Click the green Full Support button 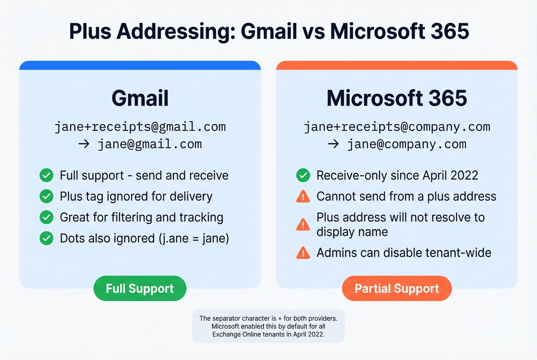(140, 288)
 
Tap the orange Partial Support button (397, 288)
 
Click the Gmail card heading (140, 98)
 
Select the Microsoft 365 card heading (397, 98)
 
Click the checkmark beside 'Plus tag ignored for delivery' (46, 197)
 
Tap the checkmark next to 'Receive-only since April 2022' (303, 176)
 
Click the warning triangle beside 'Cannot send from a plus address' (303, 197)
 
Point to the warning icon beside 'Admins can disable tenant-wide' (303, 253)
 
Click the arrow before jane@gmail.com (84, 144)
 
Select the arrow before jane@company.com (333, 144)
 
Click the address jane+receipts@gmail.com (140, 127)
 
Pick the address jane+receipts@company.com (397, 127)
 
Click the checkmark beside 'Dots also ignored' (46, 238)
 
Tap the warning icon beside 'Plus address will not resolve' (303, 225)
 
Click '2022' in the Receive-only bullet (464, 176)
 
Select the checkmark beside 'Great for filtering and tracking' (46, 217)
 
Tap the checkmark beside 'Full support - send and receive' (46, 176)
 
